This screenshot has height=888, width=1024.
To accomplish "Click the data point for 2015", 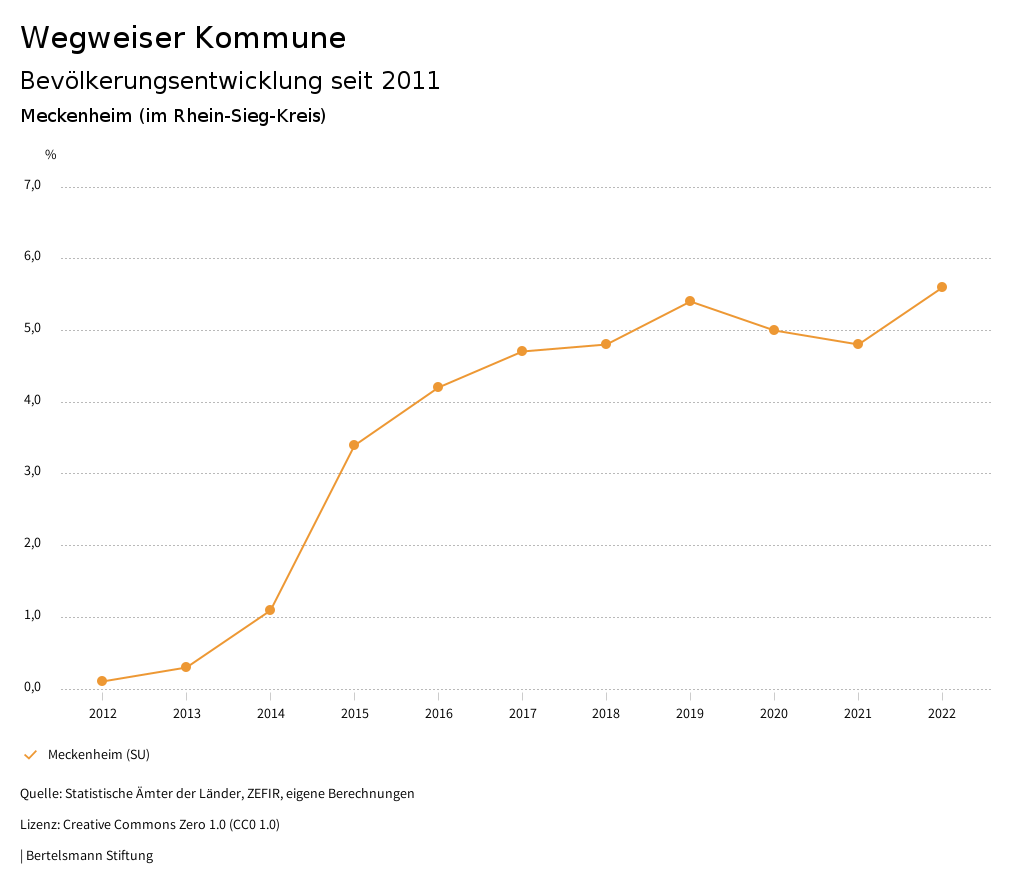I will (354, 445).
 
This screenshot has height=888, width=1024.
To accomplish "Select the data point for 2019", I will (690, 301).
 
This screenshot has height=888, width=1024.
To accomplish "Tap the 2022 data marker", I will (942, 287).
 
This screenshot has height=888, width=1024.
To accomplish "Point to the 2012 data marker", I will (102, 681).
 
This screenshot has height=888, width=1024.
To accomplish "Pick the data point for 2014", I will (270, 610).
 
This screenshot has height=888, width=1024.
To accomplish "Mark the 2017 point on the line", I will (522, 351).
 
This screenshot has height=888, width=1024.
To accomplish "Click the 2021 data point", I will (858, 344).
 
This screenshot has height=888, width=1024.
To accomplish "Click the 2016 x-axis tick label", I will (438, 714).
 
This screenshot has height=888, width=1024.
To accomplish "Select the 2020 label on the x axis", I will (774, 714).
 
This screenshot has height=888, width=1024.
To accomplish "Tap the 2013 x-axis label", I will (186, 714).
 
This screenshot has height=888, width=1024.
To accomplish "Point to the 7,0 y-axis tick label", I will (32, 185).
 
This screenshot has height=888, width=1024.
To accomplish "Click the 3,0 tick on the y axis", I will (32, 472).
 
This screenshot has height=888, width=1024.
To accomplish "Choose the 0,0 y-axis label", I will (32, 687).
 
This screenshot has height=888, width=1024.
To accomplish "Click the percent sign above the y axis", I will (51, 155).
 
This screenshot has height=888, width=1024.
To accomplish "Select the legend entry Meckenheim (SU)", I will (98, 754).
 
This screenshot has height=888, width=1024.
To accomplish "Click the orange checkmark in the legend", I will (30, 754).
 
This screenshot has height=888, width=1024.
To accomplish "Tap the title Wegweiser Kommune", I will (183, 38).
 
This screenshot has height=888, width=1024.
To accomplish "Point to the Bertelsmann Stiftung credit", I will (89, 856).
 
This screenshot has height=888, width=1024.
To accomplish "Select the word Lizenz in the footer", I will (38, 825).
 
